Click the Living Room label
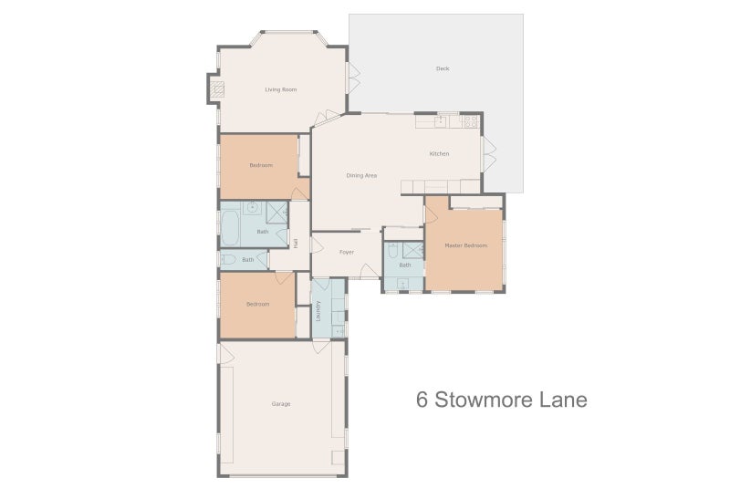pyautogui.click(x=281, y=89)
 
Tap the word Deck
pyautogui.click(x=443, y=68)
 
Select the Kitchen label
pyautogui.click(x=440, y=153)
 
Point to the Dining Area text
pyautogui.click(x=361, y=175)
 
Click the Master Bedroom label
pyautogui.click(x=465, y=246)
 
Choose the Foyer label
pyautogui.click(x=347, y=252)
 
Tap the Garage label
pyautogui.click(x=281, y=403)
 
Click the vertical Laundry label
pyautogui.click(x=318, y=311)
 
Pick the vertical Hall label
pyautogui.click(x=296, y=243)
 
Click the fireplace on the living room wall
pyautogui.click(x=216, y=89)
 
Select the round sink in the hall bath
pyautogui.click(x=252, y=208)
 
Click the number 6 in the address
pyautogui.click(x=422, y=400)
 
